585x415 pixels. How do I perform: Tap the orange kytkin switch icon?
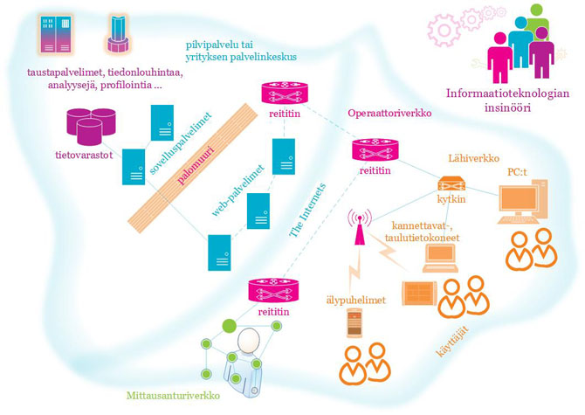(x=450, y=186)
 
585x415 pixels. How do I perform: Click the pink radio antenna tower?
(x=358, y=225)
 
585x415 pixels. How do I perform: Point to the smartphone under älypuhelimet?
(x=352, y=320)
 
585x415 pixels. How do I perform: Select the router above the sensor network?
(x=273, y=291)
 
